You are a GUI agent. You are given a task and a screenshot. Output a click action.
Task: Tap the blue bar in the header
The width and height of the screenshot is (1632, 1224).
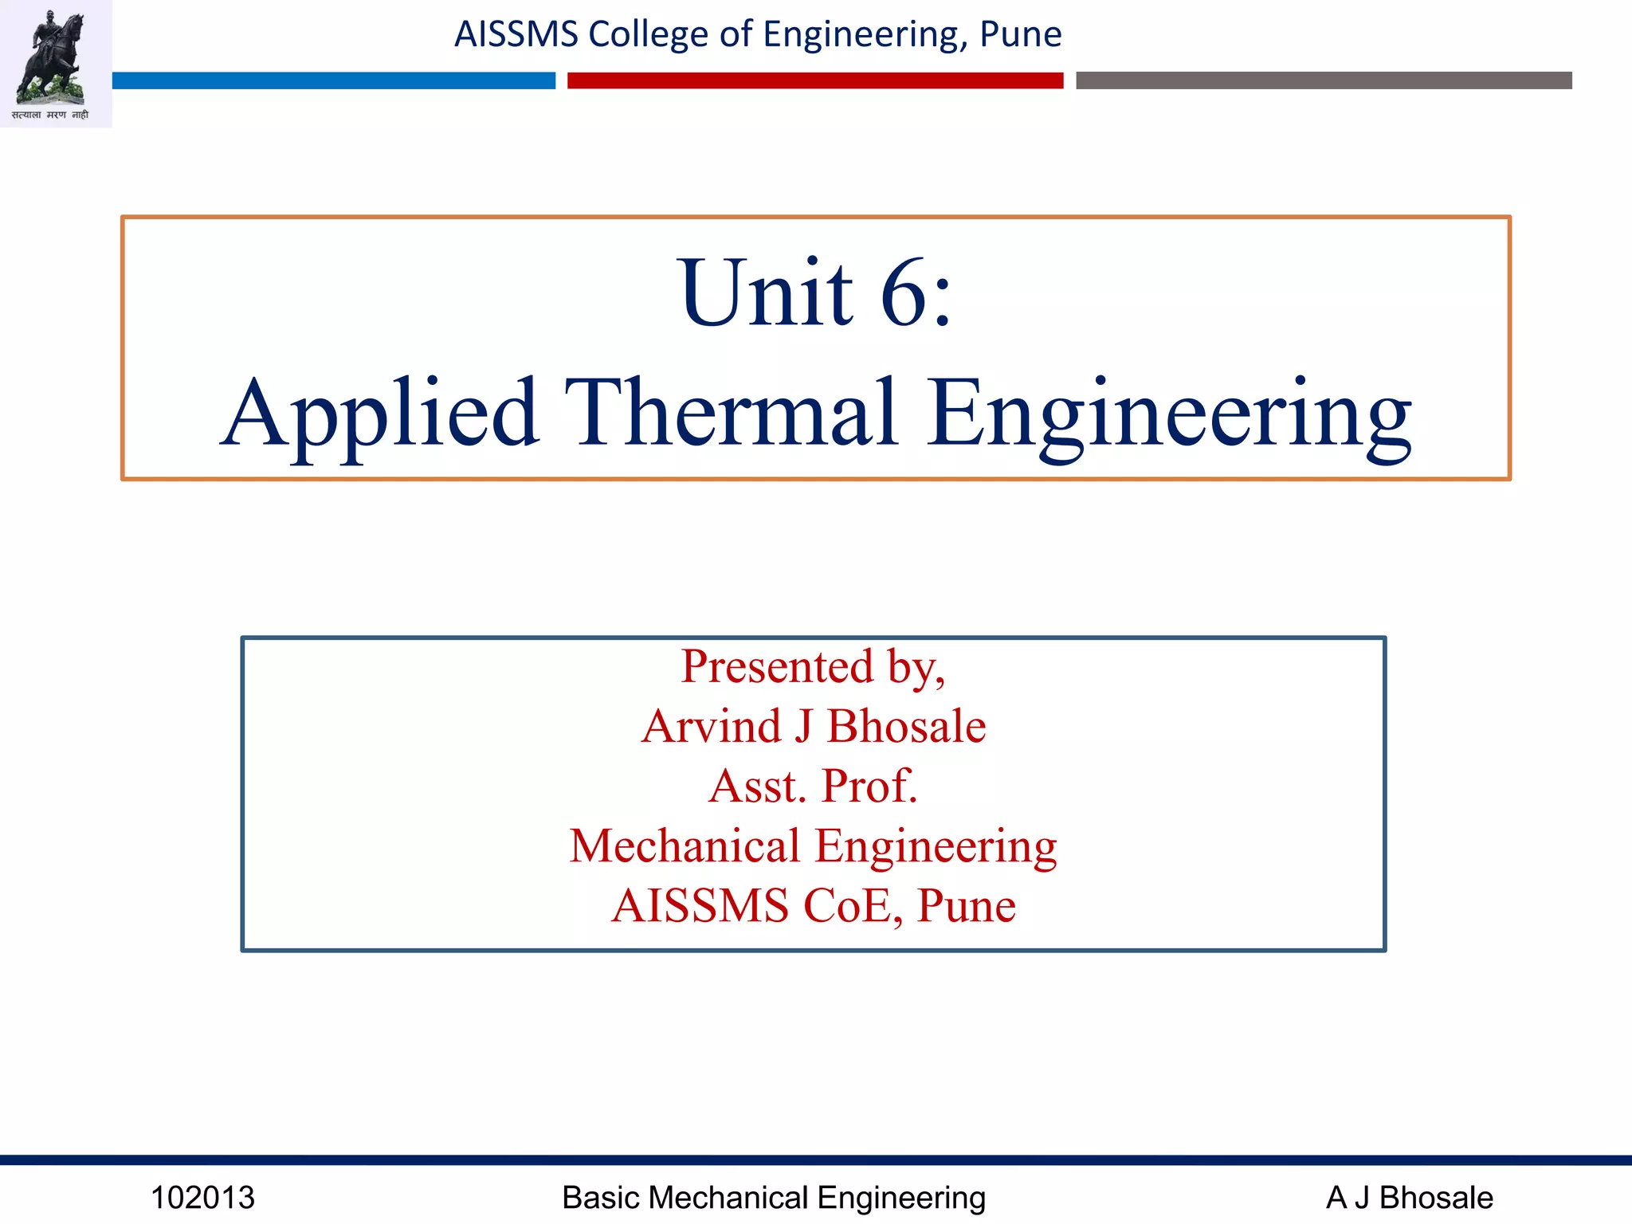[x=333, y=80]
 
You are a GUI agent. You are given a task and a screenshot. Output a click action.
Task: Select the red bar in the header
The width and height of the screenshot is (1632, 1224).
[x=815, y=80]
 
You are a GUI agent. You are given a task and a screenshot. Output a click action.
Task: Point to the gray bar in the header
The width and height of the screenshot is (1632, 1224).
[x=1324, y=80]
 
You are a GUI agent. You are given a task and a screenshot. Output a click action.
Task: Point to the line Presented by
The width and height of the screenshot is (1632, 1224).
[x=813, y=667]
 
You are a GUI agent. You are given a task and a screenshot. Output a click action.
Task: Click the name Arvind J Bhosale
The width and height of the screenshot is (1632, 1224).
[x=814, y=726]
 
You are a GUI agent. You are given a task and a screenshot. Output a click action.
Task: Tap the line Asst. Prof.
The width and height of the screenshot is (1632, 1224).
[x=813, y=786]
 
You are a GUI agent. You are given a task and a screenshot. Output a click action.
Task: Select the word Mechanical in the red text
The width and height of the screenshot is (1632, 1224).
[x=685, y=845]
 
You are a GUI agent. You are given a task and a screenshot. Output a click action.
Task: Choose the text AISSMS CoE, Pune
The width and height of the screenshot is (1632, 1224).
[x=814, y=906]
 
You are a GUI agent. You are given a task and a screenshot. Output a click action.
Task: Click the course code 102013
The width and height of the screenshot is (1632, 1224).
[x=202, y=1198]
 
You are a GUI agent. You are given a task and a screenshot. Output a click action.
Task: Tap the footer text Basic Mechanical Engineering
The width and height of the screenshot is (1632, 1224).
[x=773, y=1198]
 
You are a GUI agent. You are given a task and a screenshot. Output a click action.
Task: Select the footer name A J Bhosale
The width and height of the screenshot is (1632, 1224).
[x=1409, y=1198]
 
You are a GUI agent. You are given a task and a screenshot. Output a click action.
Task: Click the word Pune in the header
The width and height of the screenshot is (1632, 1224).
[x=1020, y=34]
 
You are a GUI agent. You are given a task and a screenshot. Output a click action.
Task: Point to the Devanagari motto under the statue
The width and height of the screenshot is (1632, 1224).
[x=50, y=116]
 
